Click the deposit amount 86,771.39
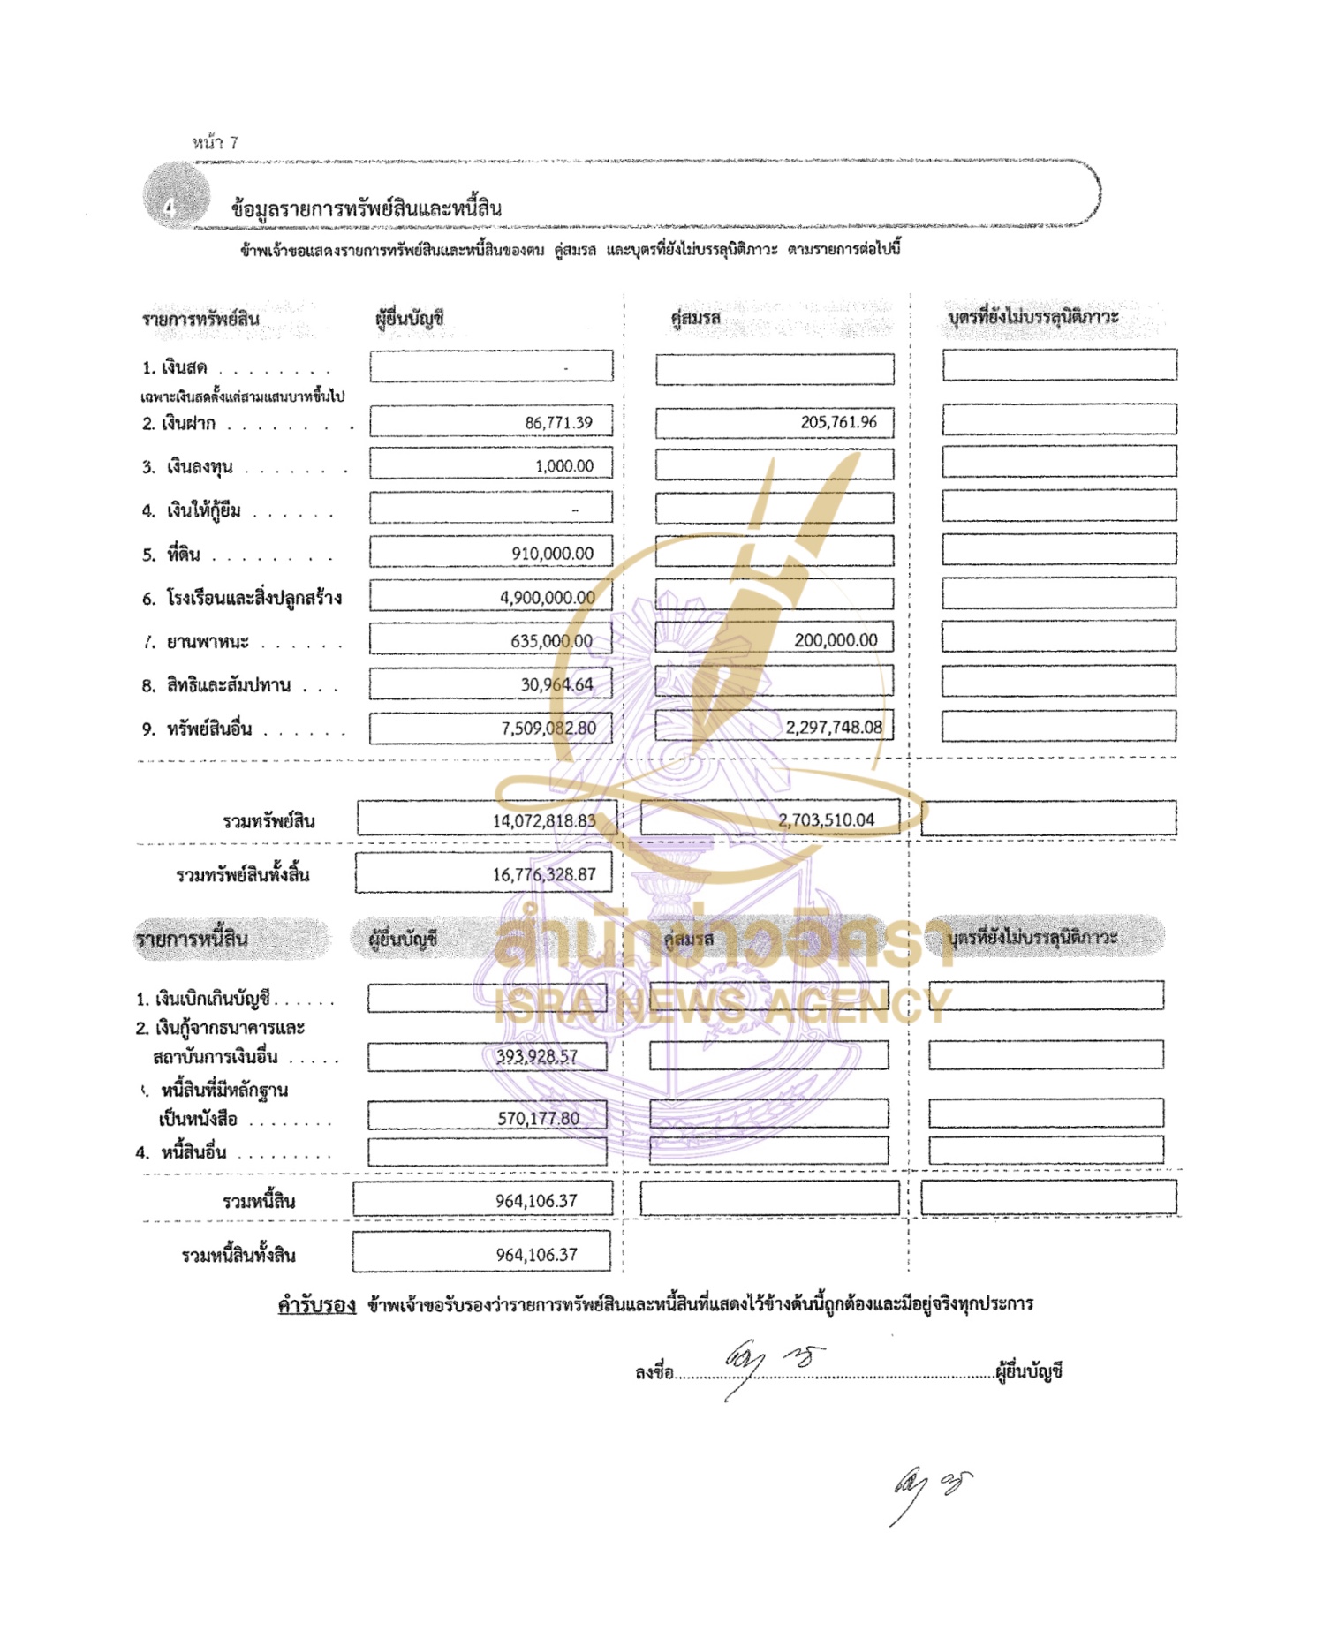point(558,423)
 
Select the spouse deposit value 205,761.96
point(838,422)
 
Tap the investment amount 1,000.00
point(564,466)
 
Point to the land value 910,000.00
point(552,554)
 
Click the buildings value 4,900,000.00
point(547,598)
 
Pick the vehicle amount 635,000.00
point(551,641)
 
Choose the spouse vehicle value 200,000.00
point(836,640)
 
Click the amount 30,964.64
point(556,684)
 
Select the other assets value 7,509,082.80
point(548,729)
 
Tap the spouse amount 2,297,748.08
point(834,728)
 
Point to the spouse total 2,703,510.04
point(826,820)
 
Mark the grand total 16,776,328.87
point(544,875)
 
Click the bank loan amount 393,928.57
point(536,1057)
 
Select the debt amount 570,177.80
point(538,1119)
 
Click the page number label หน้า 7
point(215,143)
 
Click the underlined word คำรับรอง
point(316,1305)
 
